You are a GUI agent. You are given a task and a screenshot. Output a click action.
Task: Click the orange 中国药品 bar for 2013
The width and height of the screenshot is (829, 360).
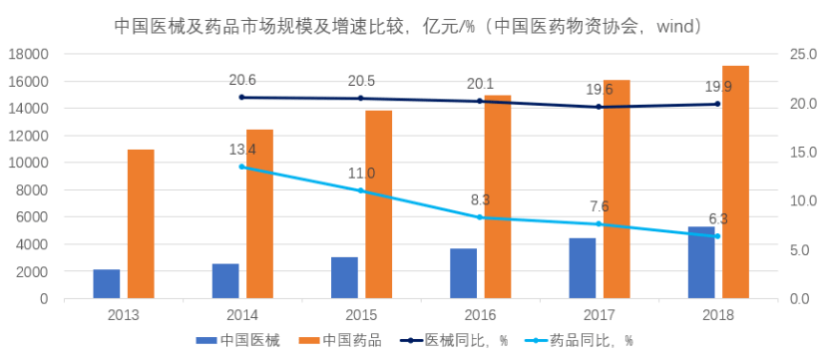[141, 223]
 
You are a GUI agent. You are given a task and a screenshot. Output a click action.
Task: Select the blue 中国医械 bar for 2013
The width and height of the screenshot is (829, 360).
[107, 283]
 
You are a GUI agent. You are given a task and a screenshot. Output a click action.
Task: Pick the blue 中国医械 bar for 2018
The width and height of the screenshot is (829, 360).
[701, 262]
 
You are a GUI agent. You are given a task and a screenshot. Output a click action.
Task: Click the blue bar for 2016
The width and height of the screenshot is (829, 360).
[463, 273]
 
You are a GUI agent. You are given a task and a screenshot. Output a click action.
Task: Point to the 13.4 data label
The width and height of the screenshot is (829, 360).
[242, 150]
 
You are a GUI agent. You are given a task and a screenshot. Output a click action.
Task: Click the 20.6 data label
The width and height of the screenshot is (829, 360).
[242, 80]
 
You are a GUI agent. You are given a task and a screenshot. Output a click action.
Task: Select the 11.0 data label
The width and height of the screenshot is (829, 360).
[361, 173]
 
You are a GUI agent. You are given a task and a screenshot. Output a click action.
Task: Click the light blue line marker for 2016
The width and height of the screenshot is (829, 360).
[480, 217]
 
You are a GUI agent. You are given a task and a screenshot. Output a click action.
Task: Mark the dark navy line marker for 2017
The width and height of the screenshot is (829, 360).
[599, 107]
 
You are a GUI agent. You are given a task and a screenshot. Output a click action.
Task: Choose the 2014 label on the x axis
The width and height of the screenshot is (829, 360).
[242, 314]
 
